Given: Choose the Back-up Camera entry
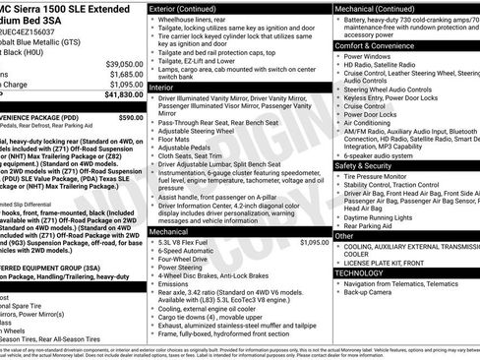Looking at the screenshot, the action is pos(368,291).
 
